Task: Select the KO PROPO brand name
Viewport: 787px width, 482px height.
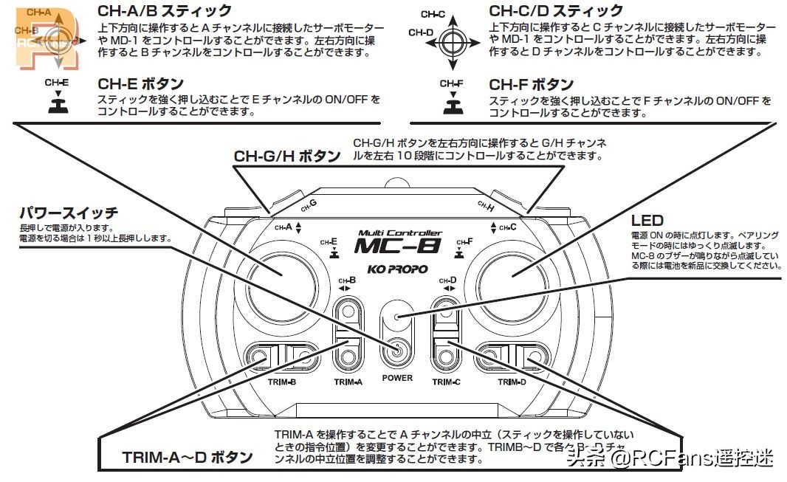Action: coord(398,269)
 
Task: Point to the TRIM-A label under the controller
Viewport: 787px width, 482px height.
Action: coord(348,382)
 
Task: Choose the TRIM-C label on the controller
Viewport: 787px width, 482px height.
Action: coord(447,382)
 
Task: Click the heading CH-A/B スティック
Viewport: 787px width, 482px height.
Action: coord(165,10)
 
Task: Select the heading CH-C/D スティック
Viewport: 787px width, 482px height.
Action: coord(556,10)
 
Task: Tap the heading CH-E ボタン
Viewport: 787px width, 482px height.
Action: coord(140,83)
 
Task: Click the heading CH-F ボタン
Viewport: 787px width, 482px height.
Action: coord(532,83)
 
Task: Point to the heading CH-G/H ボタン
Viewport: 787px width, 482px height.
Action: coord(287,156)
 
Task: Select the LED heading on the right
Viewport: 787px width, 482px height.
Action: coord(647,220)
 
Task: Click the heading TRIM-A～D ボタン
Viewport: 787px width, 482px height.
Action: coord(187,457)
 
